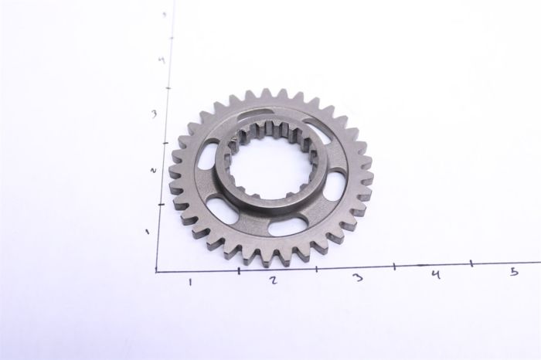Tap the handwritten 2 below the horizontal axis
point(274,280)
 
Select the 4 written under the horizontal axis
point(436,274)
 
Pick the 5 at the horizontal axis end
point(514,272)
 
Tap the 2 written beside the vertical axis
point(153,170)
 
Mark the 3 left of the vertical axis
point(155,114)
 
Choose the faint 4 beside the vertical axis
point(159,59)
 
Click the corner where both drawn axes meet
point(157,271)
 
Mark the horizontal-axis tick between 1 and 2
point(239,270)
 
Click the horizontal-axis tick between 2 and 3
point(316,268)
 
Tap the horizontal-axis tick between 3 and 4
point(395,267)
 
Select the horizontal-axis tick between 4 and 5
point(472,264)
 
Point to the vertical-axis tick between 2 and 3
point(165,143)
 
